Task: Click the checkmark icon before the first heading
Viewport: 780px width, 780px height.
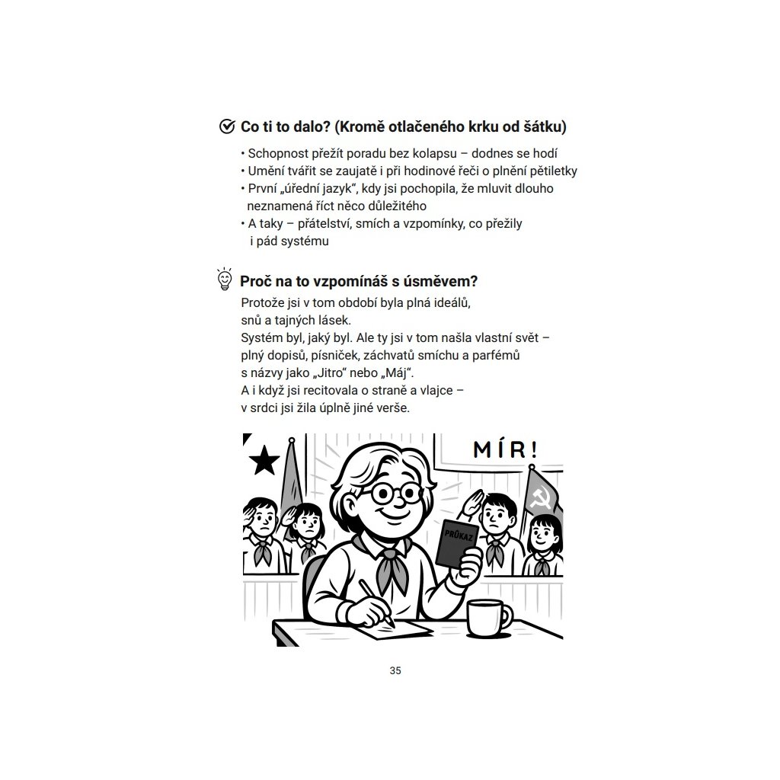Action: tap(226, 126)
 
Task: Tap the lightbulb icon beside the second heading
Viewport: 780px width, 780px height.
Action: tap(224, 280)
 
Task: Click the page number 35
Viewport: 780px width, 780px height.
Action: tap(395, 671)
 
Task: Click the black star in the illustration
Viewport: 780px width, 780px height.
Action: tap(264, 460)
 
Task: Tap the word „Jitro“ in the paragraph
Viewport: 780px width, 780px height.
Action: tap(337, 372)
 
